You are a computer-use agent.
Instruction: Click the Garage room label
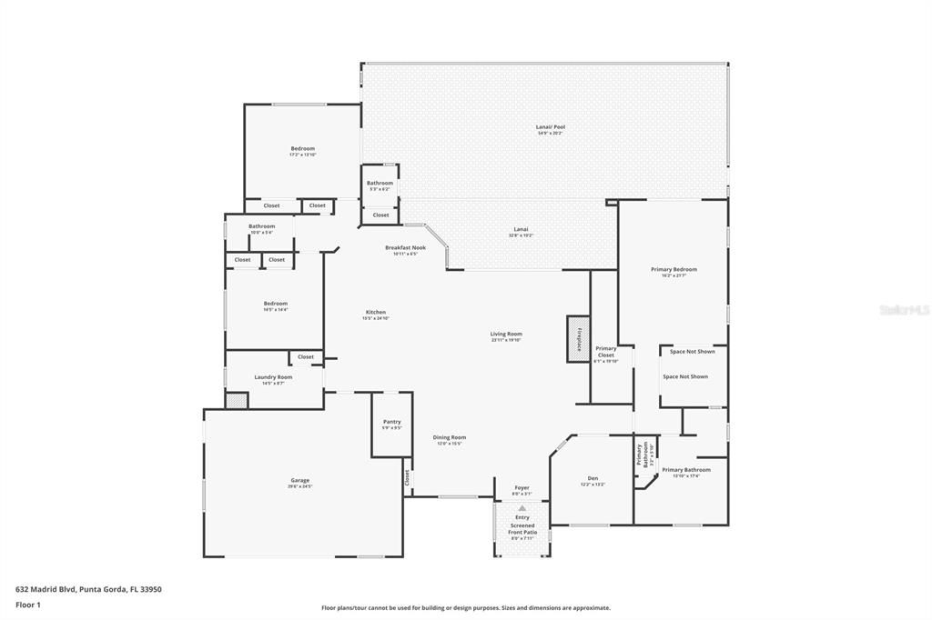pyautogui.click(x=299, y=481)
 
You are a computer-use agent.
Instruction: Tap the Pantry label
pyautogui.click(x=391, y=422)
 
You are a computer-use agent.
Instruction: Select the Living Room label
pyautogui.click(x=506, y=335)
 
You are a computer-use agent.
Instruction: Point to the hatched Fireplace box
pyautogui.click(x=577, y=338)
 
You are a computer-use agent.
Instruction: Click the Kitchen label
pyautogui.click(x=376, y=313)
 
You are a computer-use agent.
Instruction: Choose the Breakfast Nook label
pyautogui.click(x=405, y=248)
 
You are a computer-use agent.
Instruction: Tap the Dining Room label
pyautogui.click(x=449, y=437)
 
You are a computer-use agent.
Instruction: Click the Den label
pyautogui.click(x=593, y=477)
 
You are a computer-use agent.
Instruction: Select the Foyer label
pyautogui.click(x=522, y=488)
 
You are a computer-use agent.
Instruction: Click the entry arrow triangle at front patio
pyautogui.click(x=522, y=509)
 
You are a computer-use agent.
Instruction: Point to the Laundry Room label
pyautogui.click(x=273, y=377)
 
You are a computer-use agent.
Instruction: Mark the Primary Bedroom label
pyautogui.click(x=674, y=270)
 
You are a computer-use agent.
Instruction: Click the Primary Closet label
pyautogui.click(x=606, y=352)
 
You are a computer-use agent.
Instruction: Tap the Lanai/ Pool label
pyautogui.click(x=550, y=127)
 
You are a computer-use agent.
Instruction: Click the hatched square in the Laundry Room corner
pyautogui.click(x=237, y=400)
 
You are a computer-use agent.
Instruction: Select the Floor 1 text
pyautogui.click(x=27, y=605)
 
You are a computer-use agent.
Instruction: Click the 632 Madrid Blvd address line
pyautogui.click(x=88, y=589)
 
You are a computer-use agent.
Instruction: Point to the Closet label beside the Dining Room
pyautogui.click(x=407, y=476)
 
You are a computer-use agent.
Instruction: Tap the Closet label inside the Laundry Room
pyautogui.click(x=306, y=357)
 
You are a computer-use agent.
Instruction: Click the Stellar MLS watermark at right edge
pyautogui.click(x=905, y=310)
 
